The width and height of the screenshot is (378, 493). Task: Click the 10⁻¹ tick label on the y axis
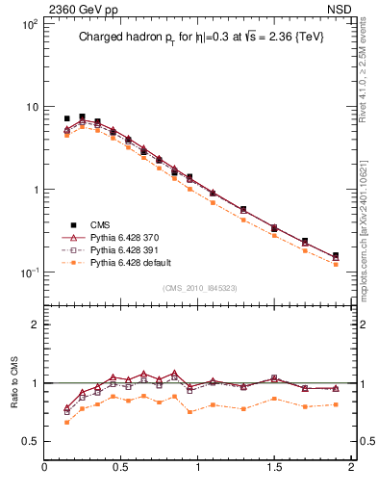27,272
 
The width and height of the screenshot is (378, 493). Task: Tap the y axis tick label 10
31,107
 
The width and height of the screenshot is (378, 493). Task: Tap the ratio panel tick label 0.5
29,441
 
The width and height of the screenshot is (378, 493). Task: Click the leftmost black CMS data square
66,118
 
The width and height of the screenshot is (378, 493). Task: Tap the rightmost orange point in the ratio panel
336,404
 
